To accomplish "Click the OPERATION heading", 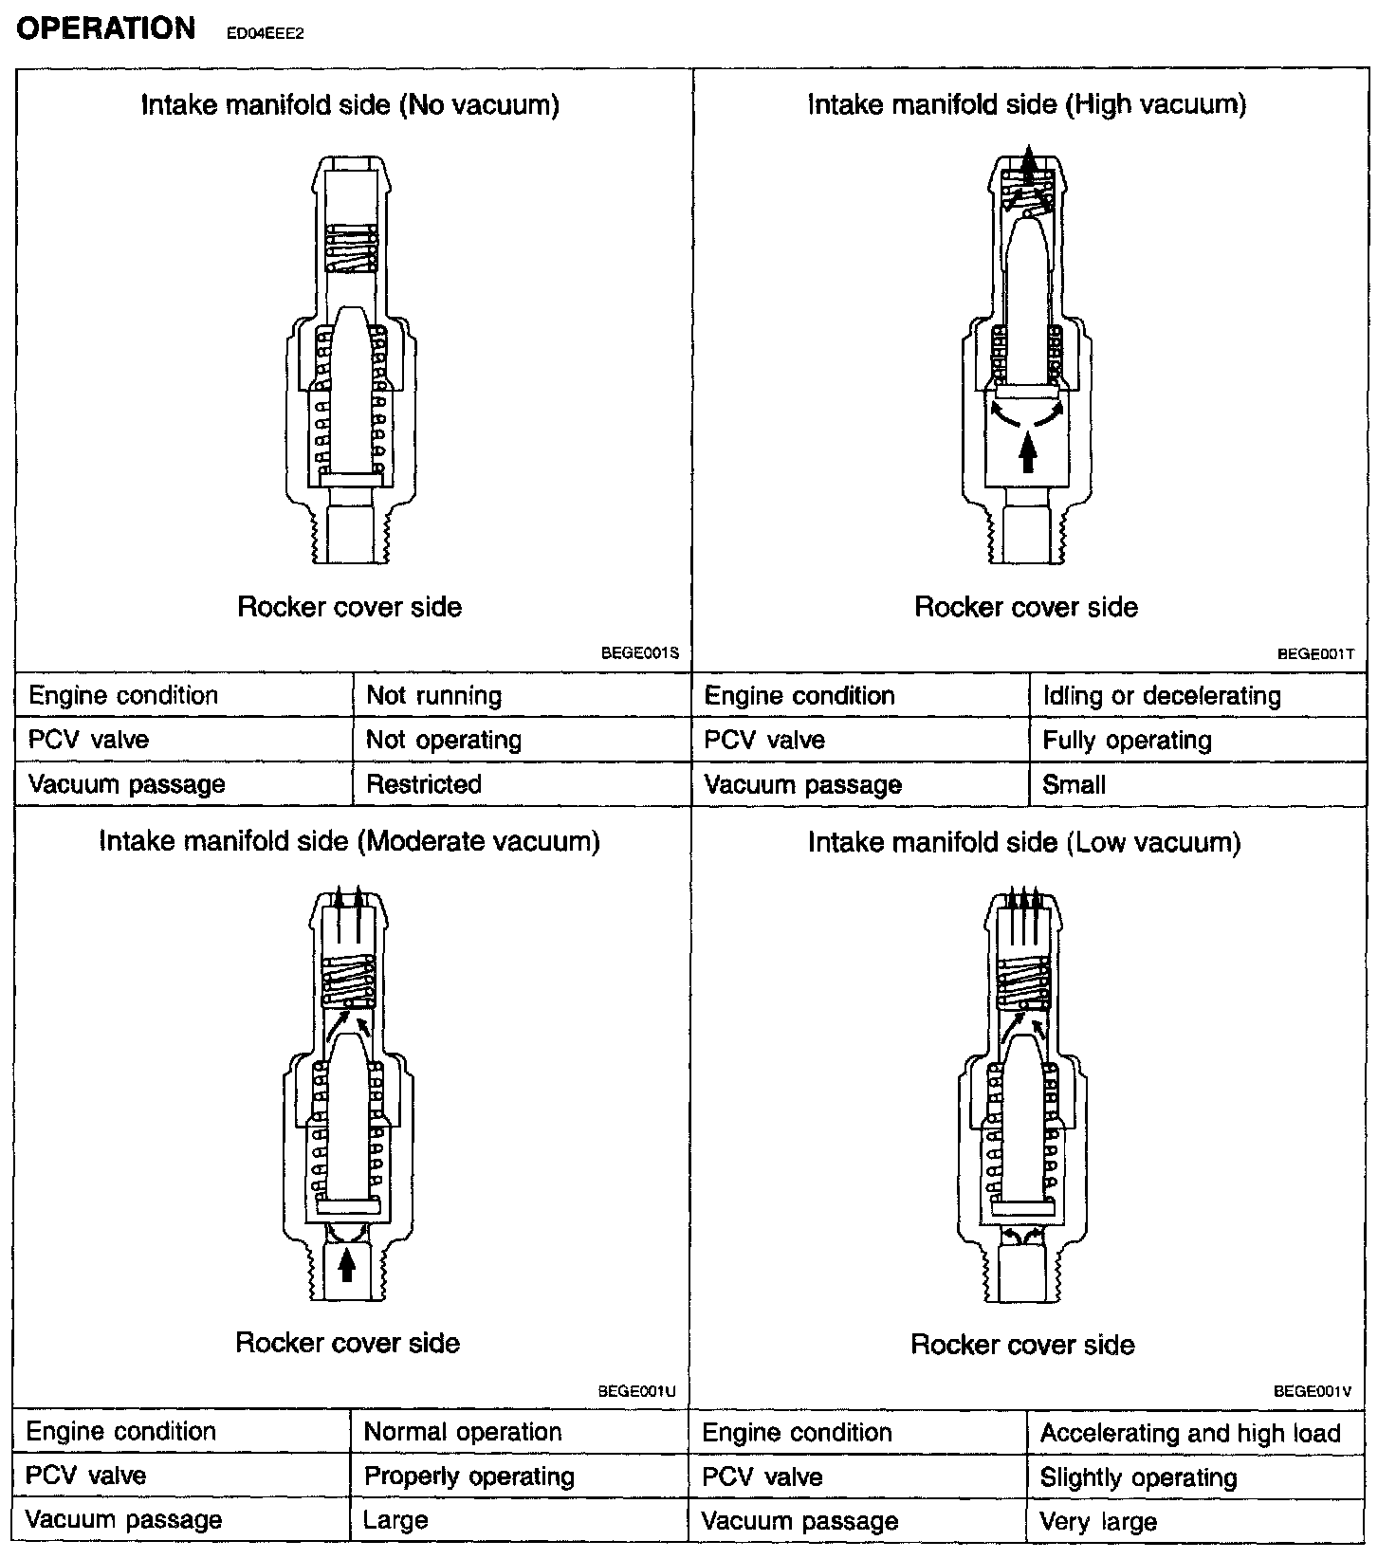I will coord(105,28).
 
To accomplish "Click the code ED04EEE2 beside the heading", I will coord(265,33).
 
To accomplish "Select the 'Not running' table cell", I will coord(433,695).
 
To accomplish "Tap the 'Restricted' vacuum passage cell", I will coord(424,784).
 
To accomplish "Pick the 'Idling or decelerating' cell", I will coord(1162,696).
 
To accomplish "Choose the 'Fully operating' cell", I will coord(1127,740).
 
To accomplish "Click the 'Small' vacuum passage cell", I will coord(1074,784).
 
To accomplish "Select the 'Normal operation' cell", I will coord(463,1432).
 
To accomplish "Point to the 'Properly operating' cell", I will coord(469,1476).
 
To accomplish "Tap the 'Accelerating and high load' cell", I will coord(1190,1433).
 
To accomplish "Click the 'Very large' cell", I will coord(1098,1522).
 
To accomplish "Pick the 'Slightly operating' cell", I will coord(1138,1477).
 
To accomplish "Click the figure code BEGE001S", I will coord(639,653).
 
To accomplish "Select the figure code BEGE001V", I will coord(1312,1391).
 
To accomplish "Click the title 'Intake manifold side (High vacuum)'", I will coord(1026,104).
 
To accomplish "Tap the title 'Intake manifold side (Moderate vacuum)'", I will coord(349,841).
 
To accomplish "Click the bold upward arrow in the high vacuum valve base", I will coord(1027,450).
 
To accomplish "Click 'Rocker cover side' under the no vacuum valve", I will coord(349,607).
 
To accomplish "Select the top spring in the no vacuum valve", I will coord(351,248).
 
